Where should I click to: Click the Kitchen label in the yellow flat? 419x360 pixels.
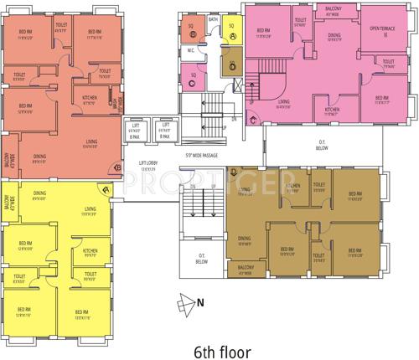[90, 250]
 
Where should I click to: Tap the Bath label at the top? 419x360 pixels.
[213, 19]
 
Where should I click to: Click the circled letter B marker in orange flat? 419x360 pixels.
[117, 167]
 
